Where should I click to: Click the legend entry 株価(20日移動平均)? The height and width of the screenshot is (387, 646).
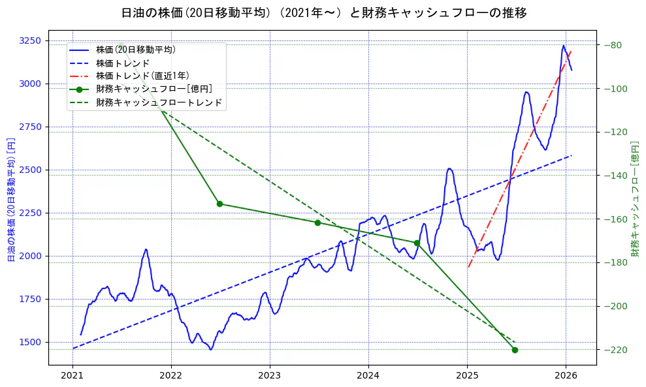135,49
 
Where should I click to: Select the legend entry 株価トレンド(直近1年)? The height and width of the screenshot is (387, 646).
142,76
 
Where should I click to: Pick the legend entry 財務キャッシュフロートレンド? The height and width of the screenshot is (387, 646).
159,102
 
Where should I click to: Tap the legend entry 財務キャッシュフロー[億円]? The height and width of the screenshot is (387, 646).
153,89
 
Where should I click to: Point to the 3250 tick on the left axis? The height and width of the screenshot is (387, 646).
29,40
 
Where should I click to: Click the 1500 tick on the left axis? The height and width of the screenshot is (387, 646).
29,342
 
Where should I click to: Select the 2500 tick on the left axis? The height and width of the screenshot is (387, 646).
29,170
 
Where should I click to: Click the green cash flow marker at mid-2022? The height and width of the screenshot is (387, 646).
219,204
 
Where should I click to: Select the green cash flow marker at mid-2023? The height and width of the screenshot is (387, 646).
317,223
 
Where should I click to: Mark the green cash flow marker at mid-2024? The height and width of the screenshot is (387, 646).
417,243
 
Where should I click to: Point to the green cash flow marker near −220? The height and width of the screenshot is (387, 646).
515,350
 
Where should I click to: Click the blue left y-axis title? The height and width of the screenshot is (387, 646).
10,199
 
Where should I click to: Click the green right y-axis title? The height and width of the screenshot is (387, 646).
635,199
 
